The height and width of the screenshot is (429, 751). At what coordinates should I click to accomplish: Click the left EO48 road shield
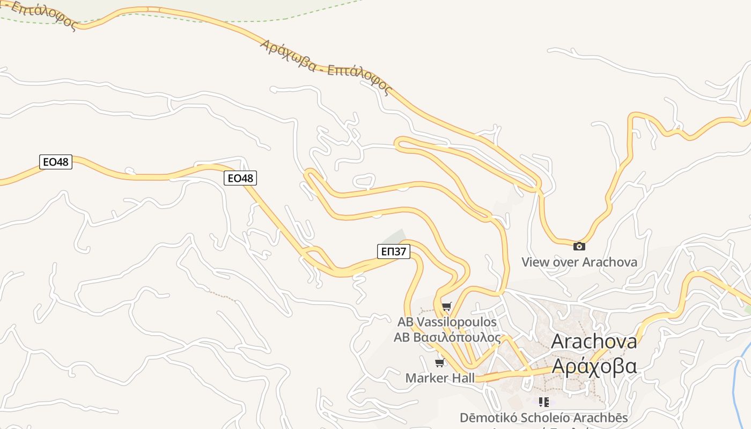pyautogui.click(x=56, y=161)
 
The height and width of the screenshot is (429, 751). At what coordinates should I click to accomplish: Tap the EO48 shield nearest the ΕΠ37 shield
pyautogui.click(x=240, y=178)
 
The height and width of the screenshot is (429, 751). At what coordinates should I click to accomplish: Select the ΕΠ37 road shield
pyautogui.click(x=394, y=251)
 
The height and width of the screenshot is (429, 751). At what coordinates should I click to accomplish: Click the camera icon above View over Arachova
pyautogui.click(x=579, y=246)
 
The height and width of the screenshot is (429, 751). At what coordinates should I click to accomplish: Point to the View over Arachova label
pyautogui.click(x=579, y=262)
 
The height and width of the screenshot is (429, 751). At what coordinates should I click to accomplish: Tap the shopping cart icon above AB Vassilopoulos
pyautogui.click(x=447, y=306)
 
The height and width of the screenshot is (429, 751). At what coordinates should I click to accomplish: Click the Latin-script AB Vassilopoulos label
pyautogui.click(x=447, y=322)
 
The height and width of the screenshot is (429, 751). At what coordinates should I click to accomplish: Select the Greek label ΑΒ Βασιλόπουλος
pyautogui.click(x=447, y=338)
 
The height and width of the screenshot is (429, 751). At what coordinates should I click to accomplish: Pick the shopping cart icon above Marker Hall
pyautogui.click(x=440, y=363)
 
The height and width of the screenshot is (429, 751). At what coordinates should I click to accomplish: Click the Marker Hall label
pyautogui.click(x=440, y=378)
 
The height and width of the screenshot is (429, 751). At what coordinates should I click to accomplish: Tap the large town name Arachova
pyautogui.click(x=594, y=341)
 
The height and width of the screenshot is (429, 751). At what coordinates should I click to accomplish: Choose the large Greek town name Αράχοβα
pyautogui.click(x=594, y=366)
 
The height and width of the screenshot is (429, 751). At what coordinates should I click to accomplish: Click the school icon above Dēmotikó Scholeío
pyautogui.click(x=544, y=402)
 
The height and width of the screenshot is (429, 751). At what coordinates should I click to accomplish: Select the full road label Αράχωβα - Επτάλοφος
pyautogui.click(x=326, y=67)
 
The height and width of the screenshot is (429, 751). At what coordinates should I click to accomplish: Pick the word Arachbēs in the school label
pyautogui.click(x=601, y=418)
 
